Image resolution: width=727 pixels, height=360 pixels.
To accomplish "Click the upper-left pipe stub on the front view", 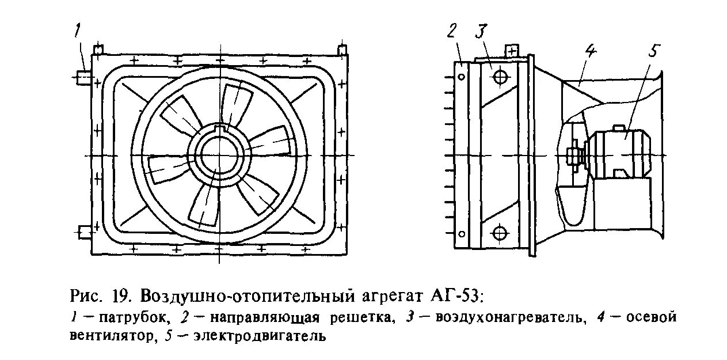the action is coord(83,77).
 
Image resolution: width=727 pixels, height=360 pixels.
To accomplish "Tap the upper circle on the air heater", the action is coord(500,77).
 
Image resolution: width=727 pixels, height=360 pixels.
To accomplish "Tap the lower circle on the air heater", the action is coord(500,232).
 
